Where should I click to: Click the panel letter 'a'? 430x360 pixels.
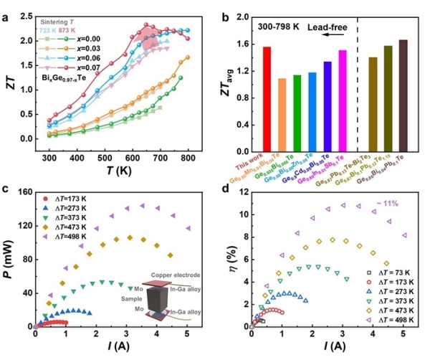point(5,9)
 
